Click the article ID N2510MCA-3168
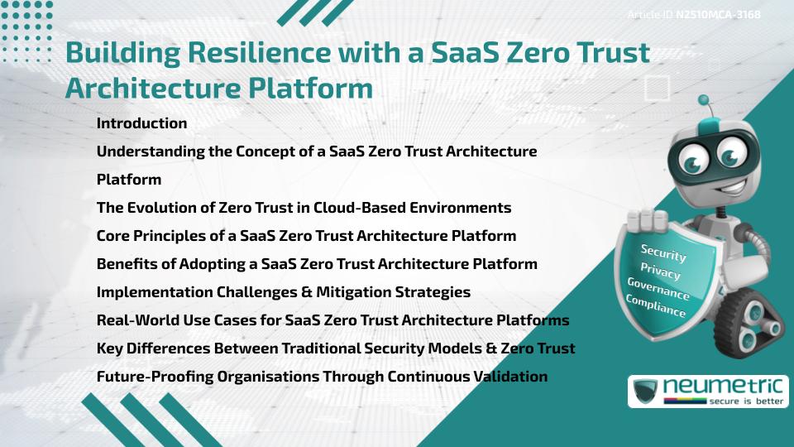(718, 15)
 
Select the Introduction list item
(141, 123)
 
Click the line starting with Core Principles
(306, 236)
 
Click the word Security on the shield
(663, 253)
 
